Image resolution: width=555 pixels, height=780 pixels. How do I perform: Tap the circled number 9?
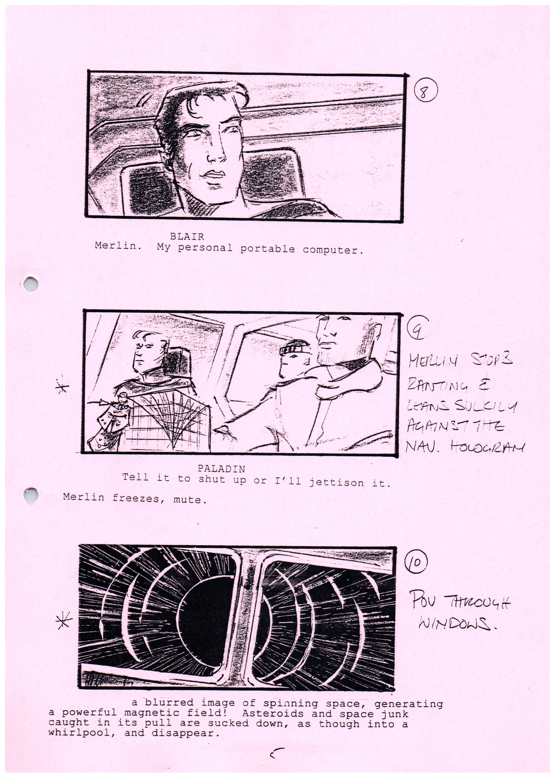[417, 329]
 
